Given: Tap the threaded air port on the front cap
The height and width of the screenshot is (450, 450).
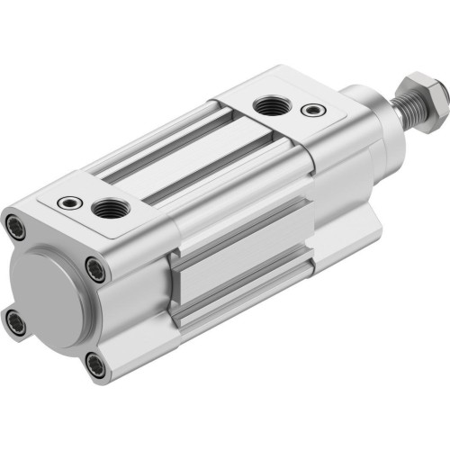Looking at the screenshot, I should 269,107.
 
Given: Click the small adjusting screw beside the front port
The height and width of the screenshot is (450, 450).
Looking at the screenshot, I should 311,110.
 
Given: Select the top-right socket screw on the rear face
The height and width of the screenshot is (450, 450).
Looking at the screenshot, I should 95,267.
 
